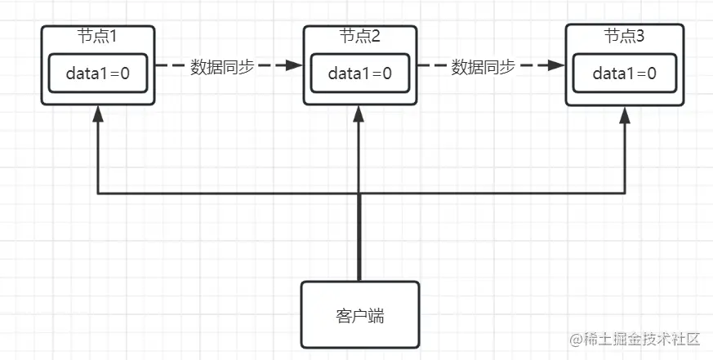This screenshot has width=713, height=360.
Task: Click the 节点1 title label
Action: (97, 37)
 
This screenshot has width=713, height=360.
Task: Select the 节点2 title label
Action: (360, 37)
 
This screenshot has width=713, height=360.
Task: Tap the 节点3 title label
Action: (625, 37)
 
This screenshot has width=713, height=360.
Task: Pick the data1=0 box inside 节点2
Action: (360, 73)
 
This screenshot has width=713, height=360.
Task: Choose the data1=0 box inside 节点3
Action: (624, 73)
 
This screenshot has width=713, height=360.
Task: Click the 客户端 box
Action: (360, 315)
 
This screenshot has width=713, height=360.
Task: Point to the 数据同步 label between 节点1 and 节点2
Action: (222, 68)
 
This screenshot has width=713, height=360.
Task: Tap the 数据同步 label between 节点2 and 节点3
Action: (484, 68)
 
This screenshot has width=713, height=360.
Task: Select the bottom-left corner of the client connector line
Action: (98, 194)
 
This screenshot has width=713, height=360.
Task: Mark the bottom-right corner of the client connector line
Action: (625, 194)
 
